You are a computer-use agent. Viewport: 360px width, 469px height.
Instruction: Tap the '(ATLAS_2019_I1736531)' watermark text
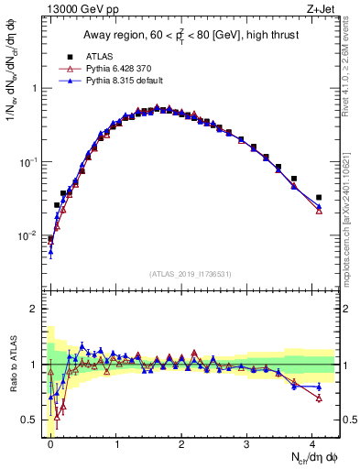click(x=191, y=274)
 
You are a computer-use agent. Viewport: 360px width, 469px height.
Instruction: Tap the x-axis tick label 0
click(x=51, y=443)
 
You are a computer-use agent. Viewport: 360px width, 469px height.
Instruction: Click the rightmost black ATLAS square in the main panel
click(x=319, y=197)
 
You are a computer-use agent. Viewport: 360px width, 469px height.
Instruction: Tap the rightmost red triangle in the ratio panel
click(x=319, y=398)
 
